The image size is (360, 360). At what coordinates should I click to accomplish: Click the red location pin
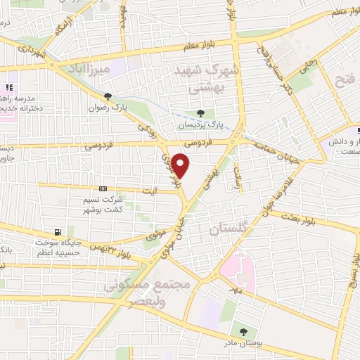click(181, 166)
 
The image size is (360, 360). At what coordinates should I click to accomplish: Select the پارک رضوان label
click(105, 108)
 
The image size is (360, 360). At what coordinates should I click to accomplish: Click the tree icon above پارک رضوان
click(106, 97)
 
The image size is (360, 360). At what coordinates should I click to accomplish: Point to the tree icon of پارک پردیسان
click(202, 113)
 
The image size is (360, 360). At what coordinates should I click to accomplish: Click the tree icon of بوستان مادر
click(243, 331)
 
